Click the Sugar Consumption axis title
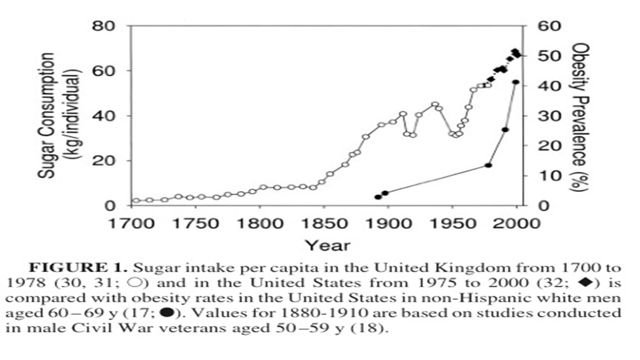pos(60,115)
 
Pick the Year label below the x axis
pos(327,245)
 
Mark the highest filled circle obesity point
pos(516,82)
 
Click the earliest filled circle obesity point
pos(378,197)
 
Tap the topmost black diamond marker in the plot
pos(514,51)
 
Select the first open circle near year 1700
pos(136,200)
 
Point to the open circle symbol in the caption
pos(135,282)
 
